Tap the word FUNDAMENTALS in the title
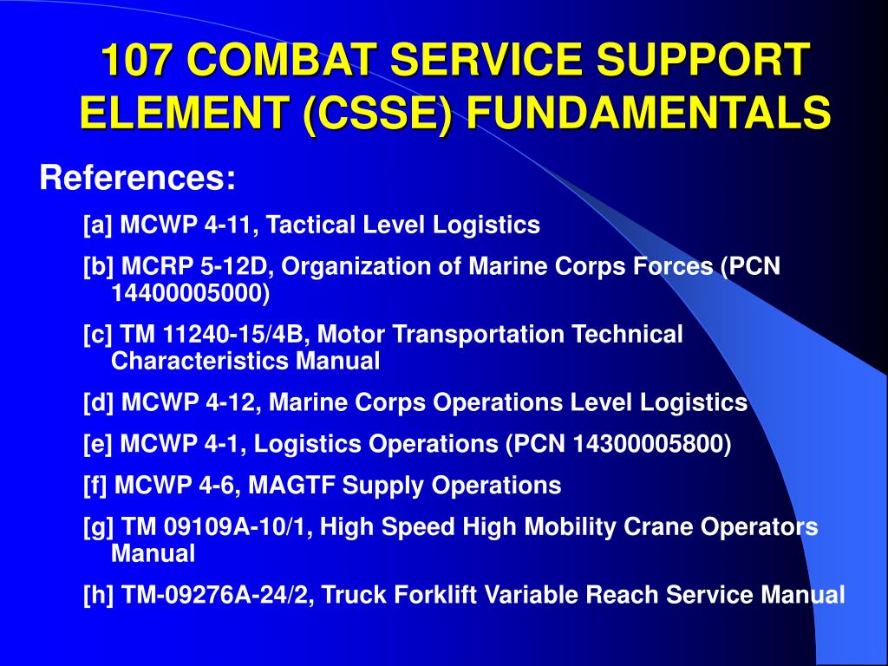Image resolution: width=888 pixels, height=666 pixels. pyautogui.click(x=649, y=112)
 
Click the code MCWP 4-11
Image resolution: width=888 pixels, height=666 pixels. pyautogui.click(x=186, y=225)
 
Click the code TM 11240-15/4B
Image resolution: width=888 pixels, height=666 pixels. pyautogui.click(x=214, y=334)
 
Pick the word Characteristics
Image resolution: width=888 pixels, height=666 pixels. pyautogui.click(x=199, y=361)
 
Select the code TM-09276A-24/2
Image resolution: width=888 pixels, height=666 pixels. pyautogui.click(x=218, y=595)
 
